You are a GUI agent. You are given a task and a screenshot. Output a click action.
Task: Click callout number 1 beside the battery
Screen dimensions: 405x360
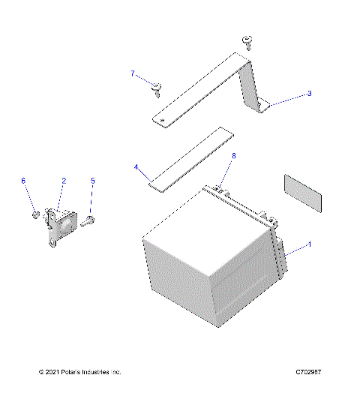click(309, 244)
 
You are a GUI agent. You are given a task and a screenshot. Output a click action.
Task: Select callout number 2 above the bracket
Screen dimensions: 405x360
click(64, 181)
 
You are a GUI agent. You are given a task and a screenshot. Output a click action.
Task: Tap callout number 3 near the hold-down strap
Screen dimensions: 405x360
click(308, 94)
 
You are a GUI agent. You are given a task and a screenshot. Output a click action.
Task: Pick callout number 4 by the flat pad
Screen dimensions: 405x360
click(136, 168)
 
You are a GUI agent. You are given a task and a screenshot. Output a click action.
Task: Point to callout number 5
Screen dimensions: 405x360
click(93, 181)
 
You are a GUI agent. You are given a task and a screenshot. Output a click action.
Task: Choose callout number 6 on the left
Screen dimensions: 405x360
click(23, 181)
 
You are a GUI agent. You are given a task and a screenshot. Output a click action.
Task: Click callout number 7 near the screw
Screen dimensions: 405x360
click(133, 73)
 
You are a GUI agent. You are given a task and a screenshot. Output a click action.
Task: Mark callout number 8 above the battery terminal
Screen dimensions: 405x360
click(233, 155)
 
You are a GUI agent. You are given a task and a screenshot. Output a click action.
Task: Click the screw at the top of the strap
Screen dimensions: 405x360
click(246, 40)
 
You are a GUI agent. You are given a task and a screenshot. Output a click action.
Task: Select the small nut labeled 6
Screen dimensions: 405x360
click(36, 216)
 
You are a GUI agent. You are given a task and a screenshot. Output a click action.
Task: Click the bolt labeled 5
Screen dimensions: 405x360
click(88, 219)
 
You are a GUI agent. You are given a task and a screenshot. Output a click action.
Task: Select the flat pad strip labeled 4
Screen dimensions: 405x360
click(192, 158)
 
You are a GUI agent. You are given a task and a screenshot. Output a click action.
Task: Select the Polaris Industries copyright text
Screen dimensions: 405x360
click(79, 372)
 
